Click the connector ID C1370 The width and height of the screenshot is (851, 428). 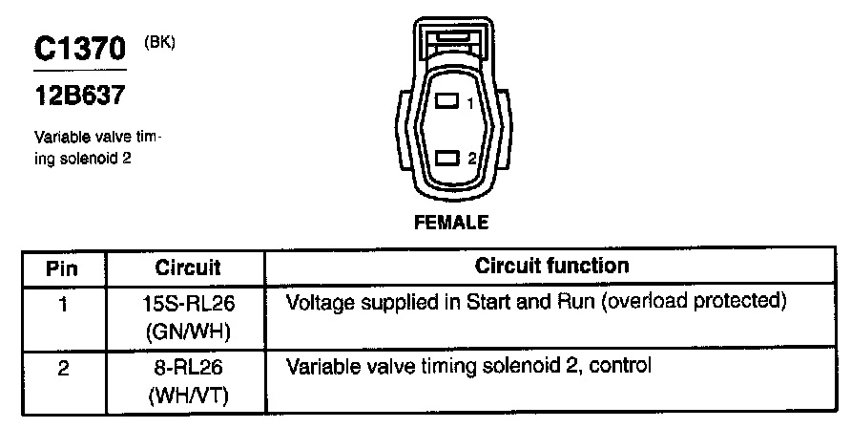click(80, 51)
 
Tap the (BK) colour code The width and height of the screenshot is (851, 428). click(159, 43)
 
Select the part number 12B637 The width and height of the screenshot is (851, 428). click(79, 96)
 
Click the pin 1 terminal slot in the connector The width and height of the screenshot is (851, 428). click(446, 100)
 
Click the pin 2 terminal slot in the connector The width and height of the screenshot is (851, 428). click(446, 159)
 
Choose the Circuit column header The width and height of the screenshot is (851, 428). click(187, 266)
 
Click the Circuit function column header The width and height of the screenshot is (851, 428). click(551, 266)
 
